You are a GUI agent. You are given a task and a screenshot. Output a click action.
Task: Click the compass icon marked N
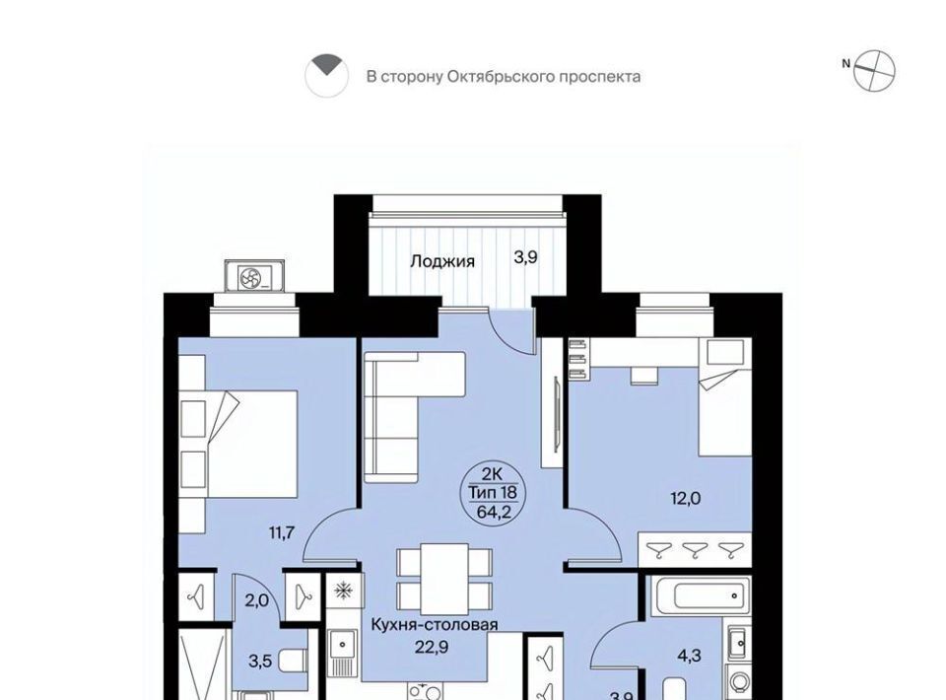tap(874, 71)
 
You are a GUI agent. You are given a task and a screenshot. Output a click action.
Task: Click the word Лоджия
tap(442, 261)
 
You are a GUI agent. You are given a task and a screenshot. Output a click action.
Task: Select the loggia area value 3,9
tap(525, 257)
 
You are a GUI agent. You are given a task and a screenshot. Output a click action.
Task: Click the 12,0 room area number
tap(686, 499)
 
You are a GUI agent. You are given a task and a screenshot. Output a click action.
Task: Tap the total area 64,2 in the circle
tap(494, 513)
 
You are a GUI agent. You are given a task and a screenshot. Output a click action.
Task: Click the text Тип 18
tap(494, 493)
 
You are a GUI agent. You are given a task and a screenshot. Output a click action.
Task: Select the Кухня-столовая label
tap(435, 624)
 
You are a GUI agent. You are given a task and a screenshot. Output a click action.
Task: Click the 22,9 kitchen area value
tap(432, 647)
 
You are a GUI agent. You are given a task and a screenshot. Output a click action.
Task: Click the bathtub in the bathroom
tap(699, 595)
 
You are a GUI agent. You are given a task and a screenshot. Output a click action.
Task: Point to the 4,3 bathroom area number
tap(689, 656)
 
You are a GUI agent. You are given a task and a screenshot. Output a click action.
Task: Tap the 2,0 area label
tap(256, 601)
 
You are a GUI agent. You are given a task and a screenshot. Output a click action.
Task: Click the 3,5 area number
tap(260, 662)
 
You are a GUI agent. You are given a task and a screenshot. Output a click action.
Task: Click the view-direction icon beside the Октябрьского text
tap(326, 76)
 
